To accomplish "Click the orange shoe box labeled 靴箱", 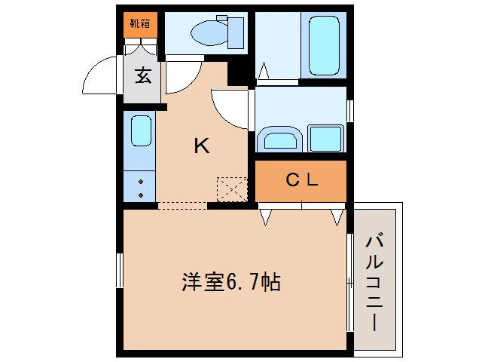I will [x=139, y=23].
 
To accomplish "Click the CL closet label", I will [x=302, y=180].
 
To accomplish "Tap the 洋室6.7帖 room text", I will [x=231, y=283].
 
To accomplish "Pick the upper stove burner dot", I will [x=141, y=182].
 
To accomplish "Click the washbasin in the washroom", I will [x=279, y=140].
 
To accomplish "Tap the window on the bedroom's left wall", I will [x=119, y=270].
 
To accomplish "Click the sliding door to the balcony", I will [x=350, y=282].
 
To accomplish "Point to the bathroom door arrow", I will [x=264, y=71].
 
